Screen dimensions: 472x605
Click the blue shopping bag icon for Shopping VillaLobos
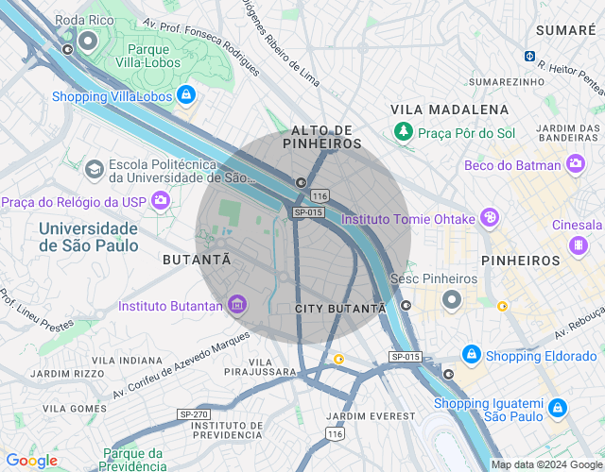[x=186, y=95]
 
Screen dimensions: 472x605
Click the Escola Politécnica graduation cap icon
[x=94, y=169]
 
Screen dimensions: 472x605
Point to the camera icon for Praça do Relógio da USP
[x=161, y=200]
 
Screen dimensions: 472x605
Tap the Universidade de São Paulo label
[x=89, y=237]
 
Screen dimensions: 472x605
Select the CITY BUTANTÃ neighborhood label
[x=340, y=309]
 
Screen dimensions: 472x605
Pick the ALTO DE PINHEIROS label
[x=321, y=137]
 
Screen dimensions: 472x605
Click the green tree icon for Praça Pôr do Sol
[x=404, y=130]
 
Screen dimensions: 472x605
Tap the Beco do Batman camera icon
[x=576, y=165]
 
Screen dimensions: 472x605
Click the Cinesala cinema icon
[x=577, y=245]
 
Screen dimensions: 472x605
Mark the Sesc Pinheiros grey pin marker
[x=452, y=300]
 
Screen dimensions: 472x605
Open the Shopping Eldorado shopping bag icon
[x=471, y=355]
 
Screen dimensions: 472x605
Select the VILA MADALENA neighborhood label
[x=449, y=110]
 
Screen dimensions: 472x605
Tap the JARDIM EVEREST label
[x=370, y=416]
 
